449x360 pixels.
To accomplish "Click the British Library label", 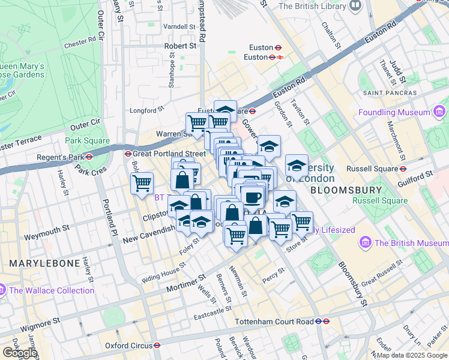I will (312, 6).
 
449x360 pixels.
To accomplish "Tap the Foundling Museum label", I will (394, 112).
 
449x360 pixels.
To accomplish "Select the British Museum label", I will (409, 243).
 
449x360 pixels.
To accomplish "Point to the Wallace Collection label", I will (52, 290).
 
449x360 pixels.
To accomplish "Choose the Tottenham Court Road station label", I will (276, 322).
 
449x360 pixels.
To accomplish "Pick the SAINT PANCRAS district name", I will (390, 93).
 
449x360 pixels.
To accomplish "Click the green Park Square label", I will (88, 141).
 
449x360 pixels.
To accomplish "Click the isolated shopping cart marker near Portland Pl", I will (142, 183).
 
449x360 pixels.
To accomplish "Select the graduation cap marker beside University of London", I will (297, 166).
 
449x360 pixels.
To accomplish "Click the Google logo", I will (20, 353).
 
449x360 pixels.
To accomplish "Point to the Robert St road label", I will (181, 46).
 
